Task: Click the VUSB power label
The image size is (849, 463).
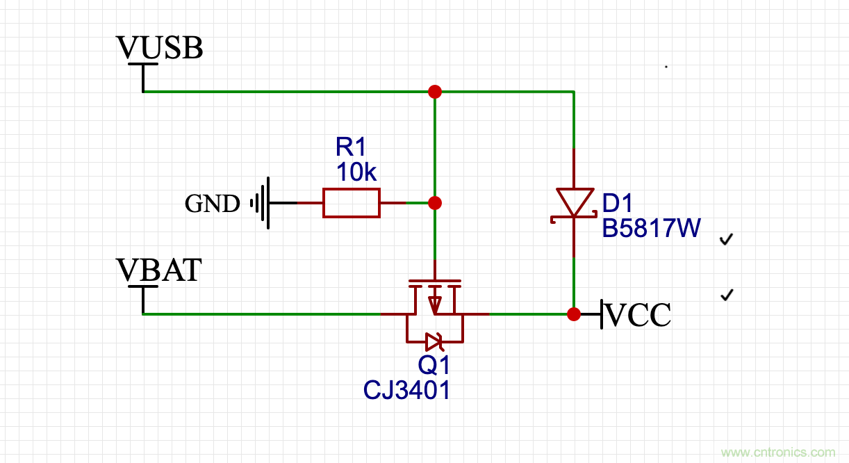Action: click(x=159, y=49)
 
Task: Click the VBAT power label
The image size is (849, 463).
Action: click(x=159, y=270)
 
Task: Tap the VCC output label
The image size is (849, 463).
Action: click(x=638, y=316)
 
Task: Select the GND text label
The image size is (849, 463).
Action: click(x=212, y=204)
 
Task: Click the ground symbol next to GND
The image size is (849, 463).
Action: click(x=261, y=203)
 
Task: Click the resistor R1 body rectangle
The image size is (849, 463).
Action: click(x=352, y=203)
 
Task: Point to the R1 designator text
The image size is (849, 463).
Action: click(x=350, y=147)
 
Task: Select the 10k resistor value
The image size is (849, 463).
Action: click(x=356, y=172)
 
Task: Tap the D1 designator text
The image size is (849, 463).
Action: click(x=618, y=204)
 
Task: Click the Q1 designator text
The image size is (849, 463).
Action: click(x=434, y=365)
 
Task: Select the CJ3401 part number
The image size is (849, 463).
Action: click(x=407, y=390)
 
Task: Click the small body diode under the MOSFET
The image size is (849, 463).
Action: click(x=434, y=341)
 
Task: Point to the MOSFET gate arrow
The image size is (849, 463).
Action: click(x=434, y=304)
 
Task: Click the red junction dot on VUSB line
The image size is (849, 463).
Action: click(x=435, y=92)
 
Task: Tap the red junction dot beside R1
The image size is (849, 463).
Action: click(x=435, y=203)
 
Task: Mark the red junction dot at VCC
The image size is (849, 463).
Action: click(x=574, y=314)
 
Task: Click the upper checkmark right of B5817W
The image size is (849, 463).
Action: click(x=727, y=240)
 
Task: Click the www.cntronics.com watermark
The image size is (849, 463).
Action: click(x=778, y=453)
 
